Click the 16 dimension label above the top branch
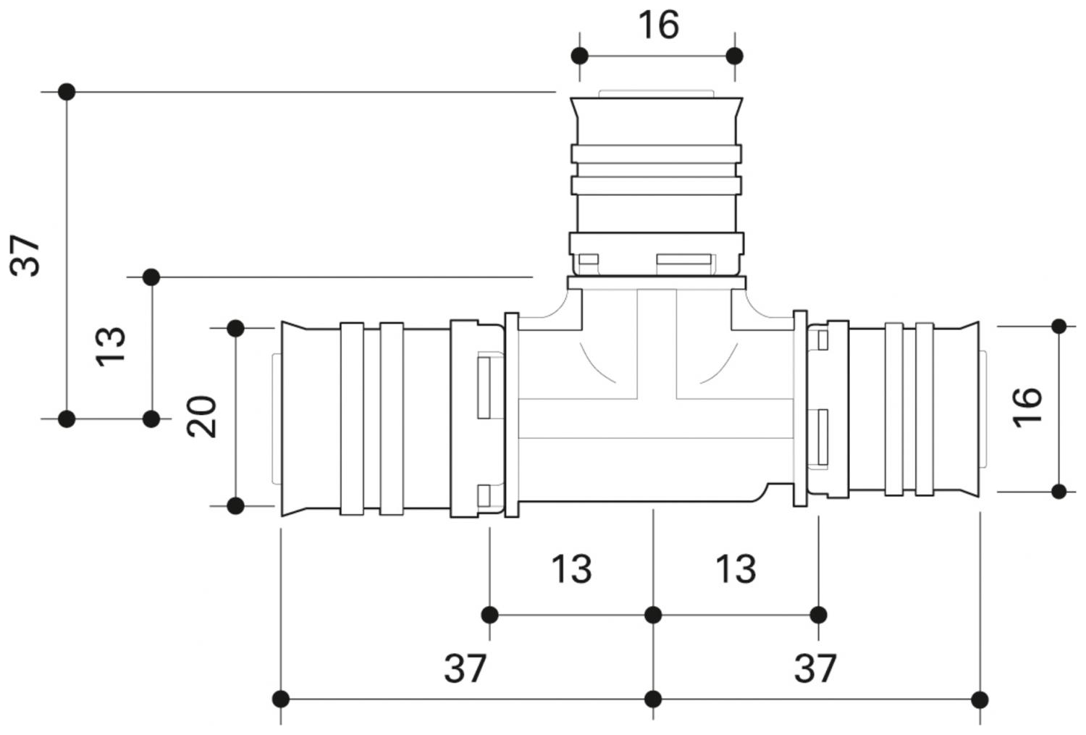[658, 25]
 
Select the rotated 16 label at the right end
[1028, 407]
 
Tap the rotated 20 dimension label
[202, 416]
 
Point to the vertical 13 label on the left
[111, 346]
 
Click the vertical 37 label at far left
[27, 255]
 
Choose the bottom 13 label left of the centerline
[571, 569]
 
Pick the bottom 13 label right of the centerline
[736, 569]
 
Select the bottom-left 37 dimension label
[464, 668]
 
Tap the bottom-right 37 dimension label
[815, 668]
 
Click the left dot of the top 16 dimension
[579, 56]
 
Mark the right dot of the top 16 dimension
[735, 56]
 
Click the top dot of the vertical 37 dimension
[67, 92]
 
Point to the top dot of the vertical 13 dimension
[151, 277]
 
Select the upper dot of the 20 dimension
[235, 328]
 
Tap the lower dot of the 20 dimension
[235, 505]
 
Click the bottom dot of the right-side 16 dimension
[1059, 492]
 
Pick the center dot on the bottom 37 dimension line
[653, 699]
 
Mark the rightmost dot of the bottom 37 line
[980, 699]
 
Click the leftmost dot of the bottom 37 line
[281, 699]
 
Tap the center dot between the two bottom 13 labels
[653, 615]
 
